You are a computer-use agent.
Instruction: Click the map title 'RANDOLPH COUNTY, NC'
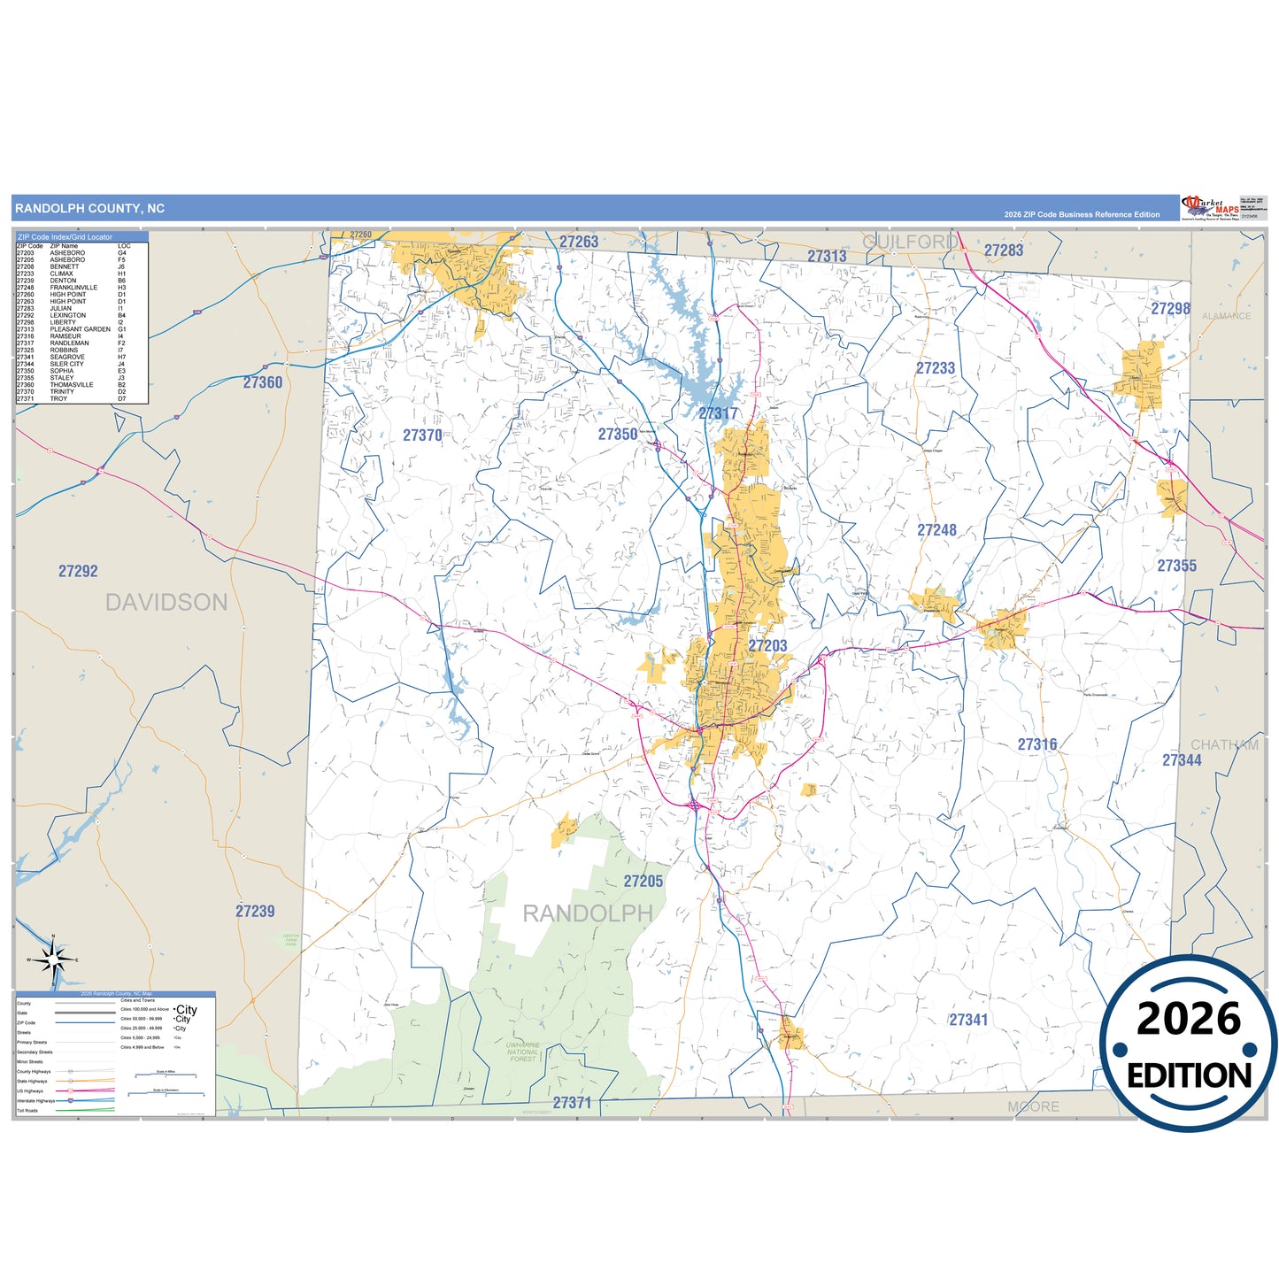[x=89, y=209]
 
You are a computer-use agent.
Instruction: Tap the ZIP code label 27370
[x=422, y=435]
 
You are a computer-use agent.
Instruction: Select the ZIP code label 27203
[x=767, y=646]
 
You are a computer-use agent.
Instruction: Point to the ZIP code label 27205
[x=643, y=882]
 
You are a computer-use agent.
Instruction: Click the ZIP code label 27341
[x=968, y=1021]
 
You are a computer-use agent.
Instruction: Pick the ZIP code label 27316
[x=1036, y=745]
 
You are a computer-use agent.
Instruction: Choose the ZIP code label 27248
[x=936, y=530]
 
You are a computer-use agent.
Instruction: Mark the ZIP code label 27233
[x=935, y=368]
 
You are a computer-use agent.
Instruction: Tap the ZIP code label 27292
[x=78, y=572]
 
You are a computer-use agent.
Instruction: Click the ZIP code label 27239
[x=255, y=912]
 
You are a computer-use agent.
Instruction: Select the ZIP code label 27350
[x=617, y=435]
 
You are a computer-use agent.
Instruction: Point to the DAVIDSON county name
[x=166, y=603]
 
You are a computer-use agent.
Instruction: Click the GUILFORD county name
[x=910, y=242]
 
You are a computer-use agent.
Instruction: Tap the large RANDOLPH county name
[x=588, y=913]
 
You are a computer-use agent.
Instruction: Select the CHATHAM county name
[x=1224, y=745]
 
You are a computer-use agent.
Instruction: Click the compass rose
[x=53, y=959]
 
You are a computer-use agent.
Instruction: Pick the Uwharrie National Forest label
[x=522, y=1052]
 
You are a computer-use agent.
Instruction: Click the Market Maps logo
[x=1209, y=208]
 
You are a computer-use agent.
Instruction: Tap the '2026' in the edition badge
[x=1188, y=1019]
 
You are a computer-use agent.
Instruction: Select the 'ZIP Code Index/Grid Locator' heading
[x=65, y=237]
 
